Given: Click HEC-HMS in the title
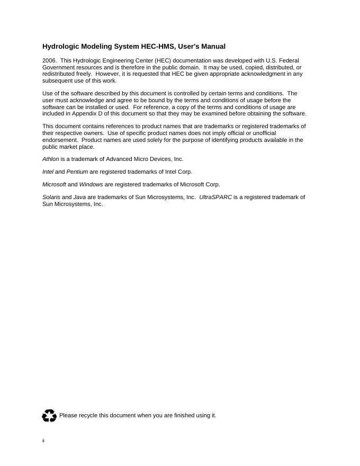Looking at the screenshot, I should click(x=157, y=47).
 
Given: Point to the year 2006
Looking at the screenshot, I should click(x=49, y=61).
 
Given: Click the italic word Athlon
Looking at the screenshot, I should click(x=51, y=159).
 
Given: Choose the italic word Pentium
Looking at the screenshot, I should click(x=77, y=172).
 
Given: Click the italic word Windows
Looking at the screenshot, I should click(x=91, y=184).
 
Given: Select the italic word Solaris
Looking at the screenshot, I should click(x=51, y=197).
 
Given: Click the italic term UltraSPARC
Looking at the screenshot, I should click(x=215, y=197).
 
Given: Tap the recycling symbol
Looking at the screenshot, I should click(x=49, y=416).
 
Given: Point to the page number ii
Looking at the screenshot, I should click(x=43, y=441).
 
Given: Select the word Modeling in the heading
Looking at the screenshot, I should click(x=96, y=47).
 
